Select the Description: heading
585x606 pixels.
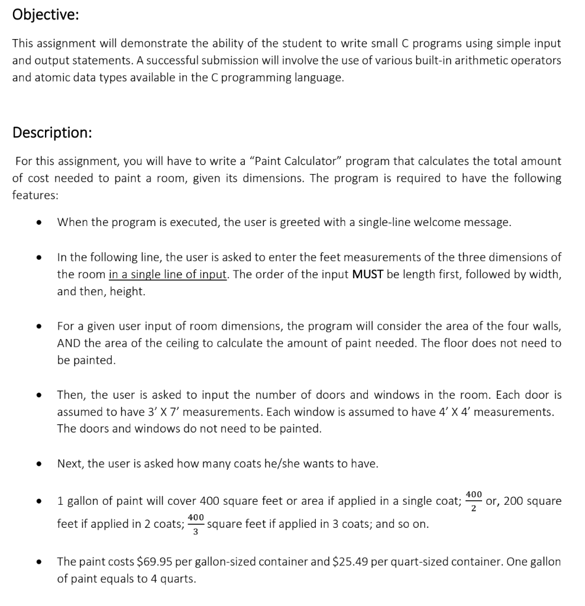[52, 132]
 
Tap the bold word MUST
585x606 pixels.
[370, 275]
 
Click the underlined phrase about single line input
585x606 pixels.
[168, 275]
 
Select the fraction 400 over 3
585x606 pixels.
[196, 524]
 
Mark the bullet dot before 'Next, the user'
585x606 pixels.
[38, 464]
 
